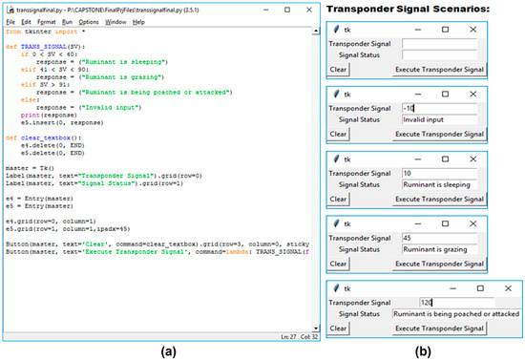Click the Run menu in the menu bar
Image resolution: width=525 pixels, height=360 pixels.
click(x=67, y=21)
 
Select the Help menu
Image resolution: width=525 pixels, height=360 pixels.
click(x=139, y=21)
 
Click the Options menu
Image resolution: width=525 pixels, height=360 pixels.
click(x=89, y=21)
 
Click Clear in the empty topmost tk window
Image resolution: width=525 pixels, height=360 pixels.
click(x=338, y=69)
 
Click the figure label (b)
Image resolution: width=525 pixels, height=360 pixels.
click(x=421, y=350)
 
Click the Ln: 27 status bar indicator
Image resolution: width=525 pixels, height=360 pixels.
click(x=266, y=337)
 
